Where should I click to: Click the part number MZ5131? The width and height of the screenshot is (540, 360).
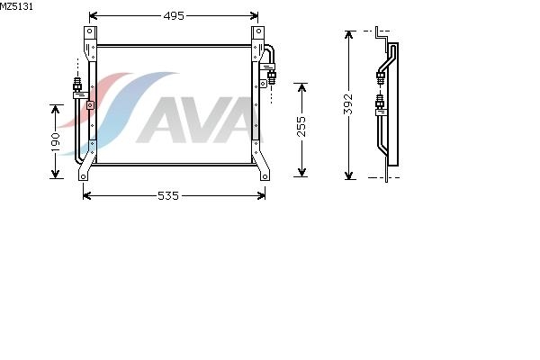coord(16,6)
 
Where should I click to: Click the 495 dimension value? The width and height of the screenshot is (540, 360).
coord(174,16)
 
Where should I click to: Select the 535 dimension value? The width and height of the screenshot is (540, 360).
coord(168,195)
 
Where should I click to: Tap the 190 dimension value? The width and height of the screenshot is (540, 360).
coord(55,141)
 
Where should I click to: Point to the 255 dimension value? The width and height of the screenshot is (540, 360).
coord(301,126)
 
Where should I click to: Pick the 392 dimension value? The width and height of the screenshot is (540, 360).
coord(348,103)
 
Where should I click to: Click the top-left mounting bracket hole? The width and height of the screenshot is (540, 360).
coord(90,31)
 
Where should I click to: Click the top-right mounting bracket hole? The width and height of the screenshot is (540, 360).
coord(258,31)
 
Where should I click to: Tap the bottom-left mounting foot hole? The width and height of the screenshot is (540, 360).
coord(83,177)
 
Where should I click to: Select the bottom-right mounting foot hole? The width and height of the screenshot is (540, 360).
coord(265,177)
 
